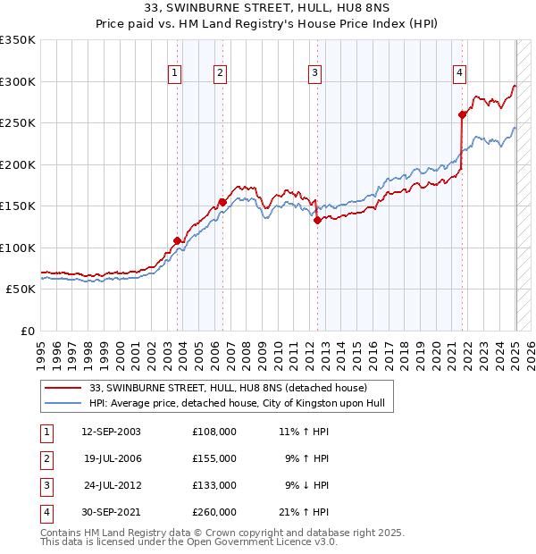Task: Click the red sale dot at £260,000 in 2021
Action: point(463,114)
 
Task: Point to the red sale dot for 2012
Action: point(317,220)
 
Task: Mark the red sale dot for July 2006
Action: point(222,202)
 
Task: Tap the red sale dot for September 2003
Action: point(177,240)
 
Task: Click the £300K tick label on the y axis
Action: point(18,81)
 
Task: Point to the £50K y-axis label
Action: point(21,290)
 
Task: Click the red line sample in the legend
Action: point(63,388)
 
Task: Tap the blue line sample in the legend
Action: point(63,403)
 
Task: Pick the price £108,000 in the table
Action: point(214,432)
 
